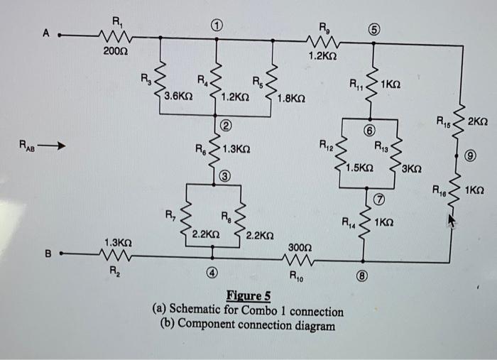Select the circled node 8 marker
pos(361,278)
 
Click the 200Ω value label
pos(117,51)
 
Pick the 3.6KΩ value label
pos(177,95)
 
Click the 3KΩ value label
pos(411,169)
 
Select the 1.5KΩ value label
pos(360,168)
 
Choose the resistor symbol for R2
pos(114,254)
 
